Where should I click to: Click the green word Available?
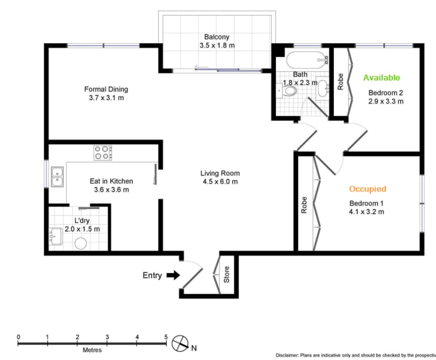382,78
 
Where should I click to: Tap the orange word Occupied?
368,189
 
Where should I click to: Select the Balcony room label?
217,37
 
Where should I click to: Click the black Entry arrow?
173,275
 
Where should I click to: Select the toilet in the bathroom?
287,92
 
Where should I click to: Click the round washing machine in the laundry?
81,243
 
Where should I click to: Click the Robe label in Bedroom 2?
341,81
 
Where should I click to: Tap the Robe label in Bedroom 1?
304,205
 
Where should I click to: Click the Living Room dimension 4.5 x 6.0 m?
220,182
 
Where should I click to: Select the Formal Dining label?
106,89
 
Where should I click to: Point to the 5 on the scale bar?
166,337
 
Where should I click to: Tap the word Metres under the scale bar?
92,350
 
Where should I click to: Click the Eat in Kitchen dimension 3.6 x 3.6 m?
111,189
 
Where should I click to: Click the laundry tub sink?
56,238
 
